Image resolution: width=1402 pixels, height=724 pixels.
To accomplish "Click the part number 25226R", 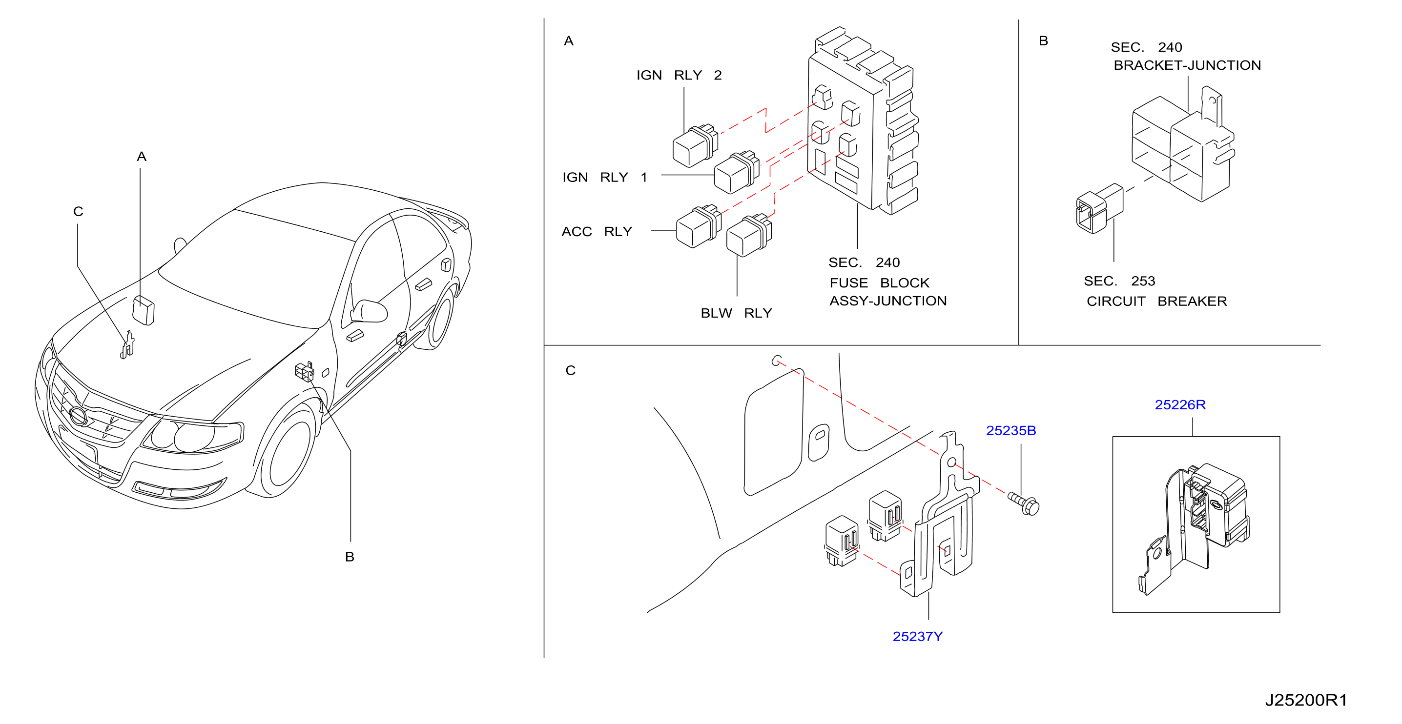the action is click(x=1180, y=405).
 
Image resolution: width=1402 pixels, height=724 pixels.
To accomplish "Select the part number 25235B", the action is click(x=1010, y=430).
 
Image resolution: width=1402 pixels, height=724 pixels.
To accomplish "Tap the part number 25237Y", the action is click(x=917, y=636).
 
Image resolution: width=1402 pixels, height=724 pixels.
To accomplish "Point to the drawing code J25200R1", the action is click(x=1306, y=700).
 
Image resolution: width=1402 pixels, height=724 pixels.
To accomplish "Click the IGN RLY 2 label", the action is click(x=679, y=75).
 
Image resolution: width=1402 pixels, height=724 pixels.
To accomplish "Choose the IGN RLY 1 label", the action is click(x=605, y=177).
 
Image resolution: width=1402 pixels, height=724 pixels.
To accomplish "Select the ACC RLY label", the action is click(x=597, y=232).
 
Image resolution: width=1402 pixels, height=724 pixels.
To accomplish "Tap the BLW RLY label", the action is click(x=736, y=313).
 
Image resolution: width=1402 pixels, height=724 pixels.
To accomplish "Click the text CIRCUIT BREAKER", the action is click(x=1156, y=302).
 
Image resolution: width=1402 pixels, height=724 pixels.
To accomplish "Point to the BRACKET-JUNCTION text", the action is click(x=1187, y=65).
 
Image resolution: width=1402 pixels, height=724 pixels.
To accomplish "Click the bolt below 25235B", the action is click(x=1024, y=503).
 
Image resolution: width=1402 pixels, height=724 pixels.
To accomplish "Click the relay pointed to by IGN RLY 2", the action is click(x=695, y=145).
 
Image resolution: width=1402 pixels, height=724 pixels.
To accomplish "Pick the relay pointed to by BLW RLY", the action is click(x=749, y=235).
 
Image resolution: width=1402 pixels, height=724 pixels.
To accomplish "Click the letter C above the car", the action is click(x=79, y=212).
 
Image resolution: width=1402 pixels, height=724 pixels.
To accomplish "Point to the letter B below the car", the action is click(x=350, y=557).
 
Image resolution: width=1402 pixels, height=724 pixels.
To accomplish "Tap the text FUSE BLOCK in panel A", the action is click(x=880, y=283).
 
